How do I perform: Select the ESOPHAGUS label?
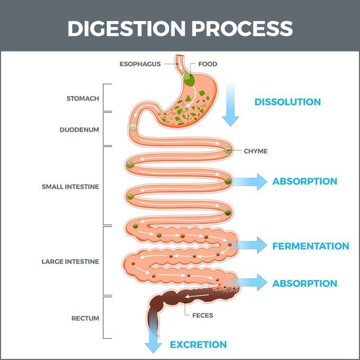coord(140,64)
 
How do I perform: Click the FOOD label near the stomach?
coord(208,64)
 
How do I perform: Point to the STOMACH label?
coord(83,98)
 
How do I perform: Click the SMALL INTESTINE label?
coord(70,186)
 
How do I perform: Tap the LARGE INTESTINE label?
coord(70,262)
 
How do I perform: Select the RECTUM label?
coord(85,318)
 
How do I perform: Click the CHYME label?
coord(256,151)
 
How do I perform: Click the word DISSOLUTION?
coord(287,102)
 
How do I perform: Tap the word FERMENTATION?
coord(311,246)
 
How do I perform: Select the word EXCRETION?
coord(198,345)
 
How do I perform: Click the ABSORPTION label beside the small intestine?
coord(304,181)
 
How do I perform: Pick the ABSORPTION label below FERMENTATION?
coord(304,283)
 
